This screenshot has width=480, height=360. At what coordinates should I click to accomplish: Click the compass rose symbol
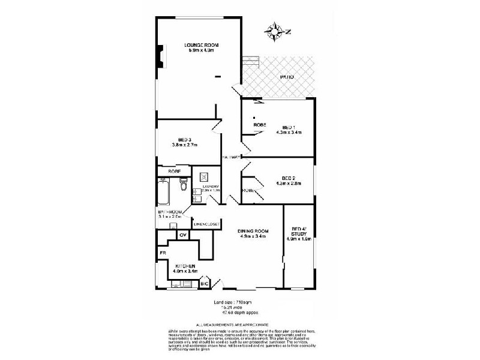tap(276, 31)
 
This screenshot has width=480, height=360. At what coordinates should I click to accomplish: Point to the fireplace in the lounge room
tap(160, 55)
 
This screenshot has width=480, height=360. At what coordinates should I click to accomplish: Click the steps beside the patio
tap(250, 61)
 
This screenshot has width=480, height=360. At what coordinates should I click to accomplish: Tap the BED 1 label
tap(288, 127)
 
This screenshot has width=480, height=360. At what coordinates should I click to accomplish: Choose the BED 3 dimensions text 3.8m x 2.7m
tap(184, 145)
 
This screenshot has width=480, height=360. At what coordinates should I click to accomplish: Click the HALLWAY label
tap(231, 157)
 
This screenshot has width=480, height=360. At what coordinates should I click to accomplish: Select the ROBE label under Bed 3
tap(175, 172)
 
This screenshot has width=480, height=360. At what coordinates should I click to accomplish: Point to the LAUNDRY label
tap(211, 187)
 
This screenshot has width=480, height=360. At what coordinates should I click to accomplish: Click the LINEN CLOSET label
tap(206, 224)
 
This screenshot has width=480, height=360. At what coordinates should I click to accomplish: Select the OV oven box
tap(182, 235)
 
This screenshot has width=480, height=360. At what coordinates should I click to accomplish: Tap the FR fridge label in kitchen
tap(162, 253)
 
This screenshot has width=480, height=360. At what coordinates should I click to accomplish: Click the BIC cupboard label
tap(204, 283)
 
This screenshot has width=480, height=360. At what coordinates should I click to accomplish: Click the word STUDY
tap(298, 235)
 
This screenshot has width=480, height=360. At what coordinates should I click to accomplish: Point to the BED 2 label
tap(289, 177)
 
